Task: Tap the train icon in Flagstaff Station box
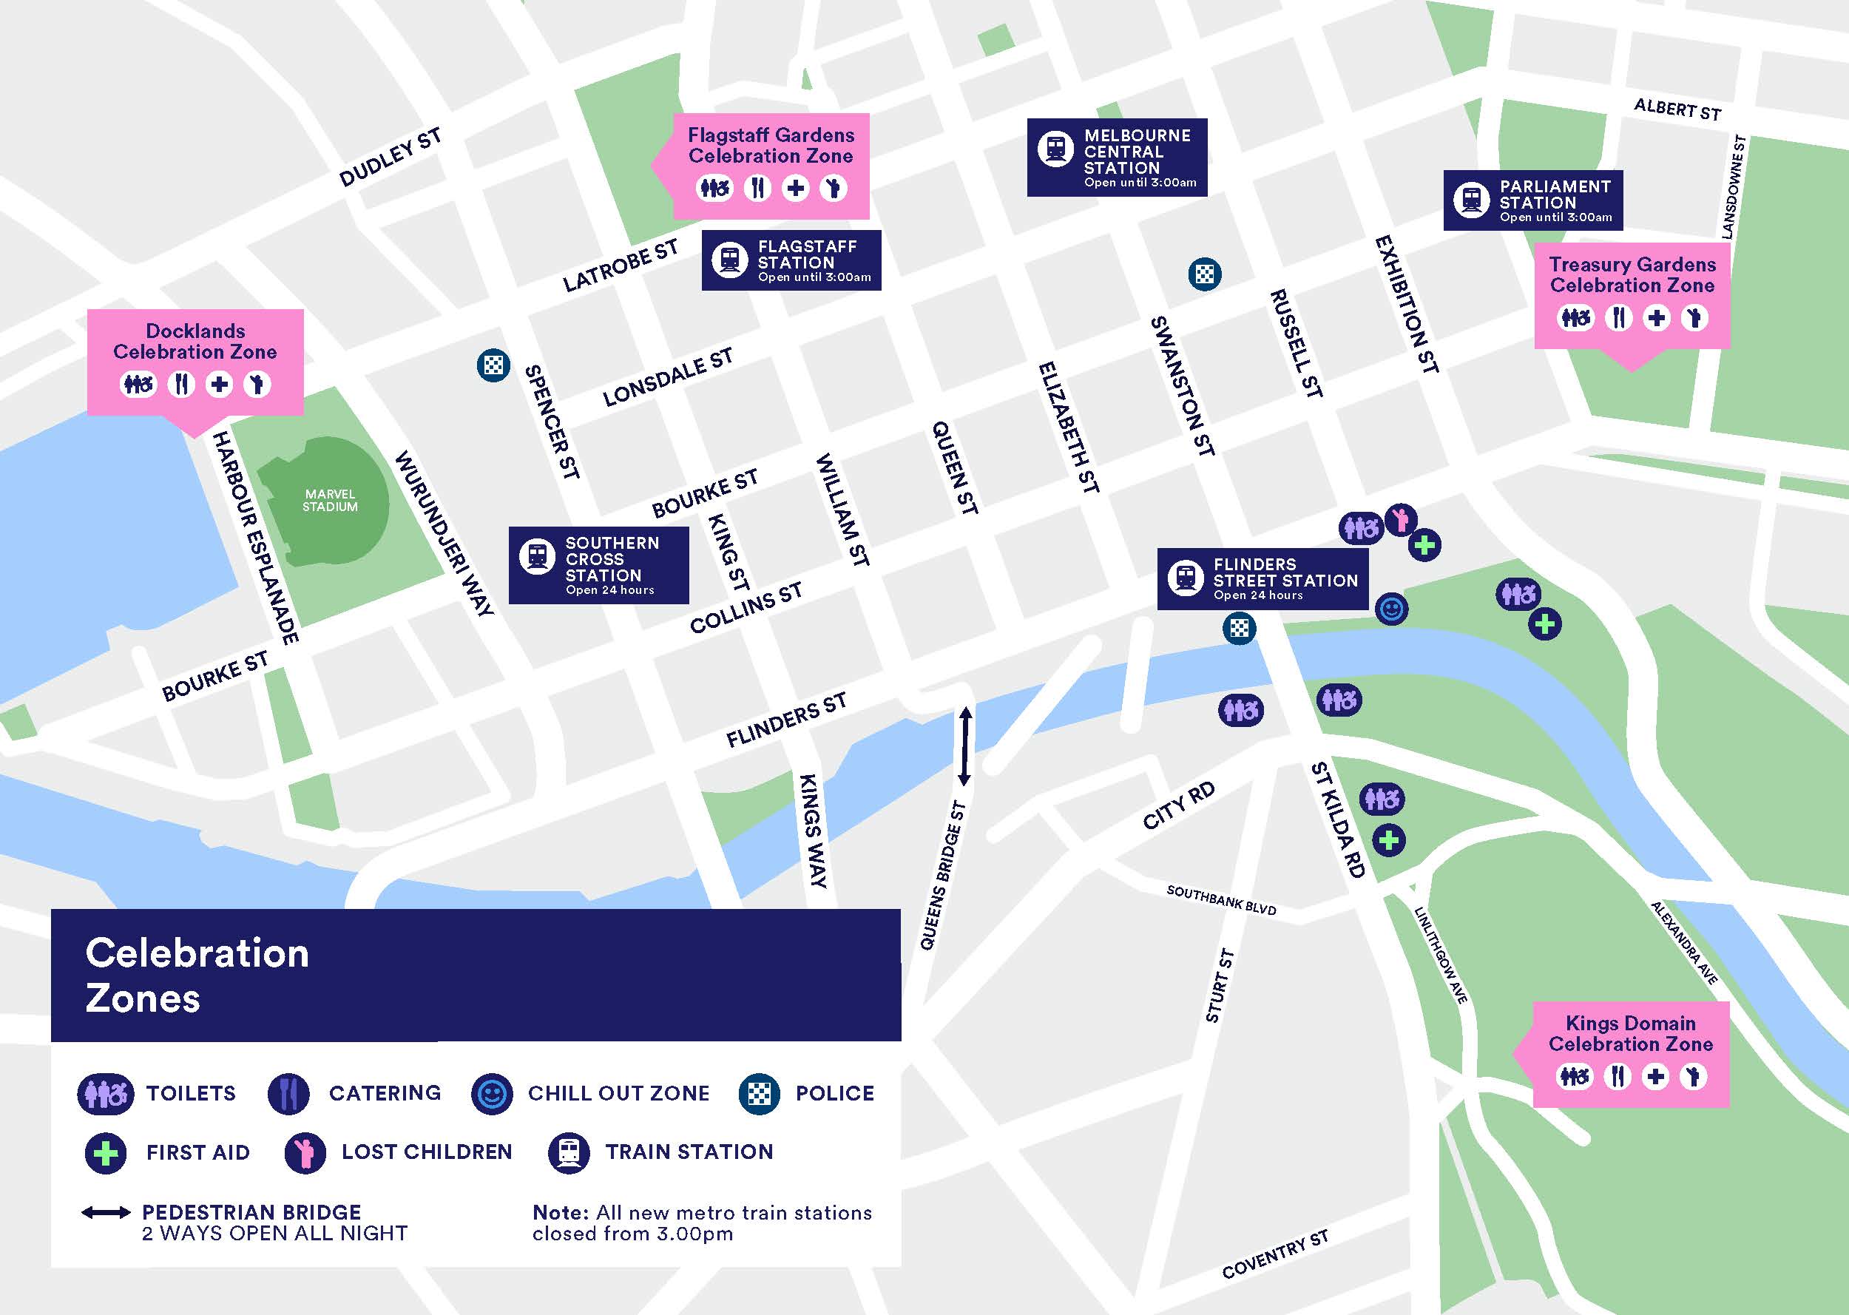tap(729, 260)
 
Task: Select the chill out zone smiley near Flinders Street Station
tap(1392, 609)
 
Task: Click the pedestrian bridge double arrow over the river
tap(964, 746)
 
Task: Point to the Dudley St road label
tap(391, 157)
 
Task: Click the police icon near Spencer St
tap(493, 365)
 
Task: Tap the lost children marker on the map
tap(1401, 518)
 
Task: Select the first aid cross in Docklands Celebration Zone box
tap(219, 384)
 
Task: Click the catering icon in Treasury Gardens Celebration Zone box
tap(1618, 317)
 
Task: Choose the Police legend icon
tap(759, 1094)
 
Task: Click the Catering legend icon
tap(288, 1094)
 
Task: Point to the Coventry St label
tap(1275, 1255)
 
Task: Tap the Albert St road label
tap(1677, 109)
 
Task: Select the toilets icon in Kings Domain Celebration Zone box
tap(1575, 1076)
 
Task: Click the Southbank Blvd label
tap(1221, 899)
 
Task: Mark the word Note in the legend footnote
tap(559, 1213)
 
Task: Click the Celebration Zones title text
tap(197, 975)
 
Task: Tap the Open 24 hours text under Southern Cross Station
tap(609, 590)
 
